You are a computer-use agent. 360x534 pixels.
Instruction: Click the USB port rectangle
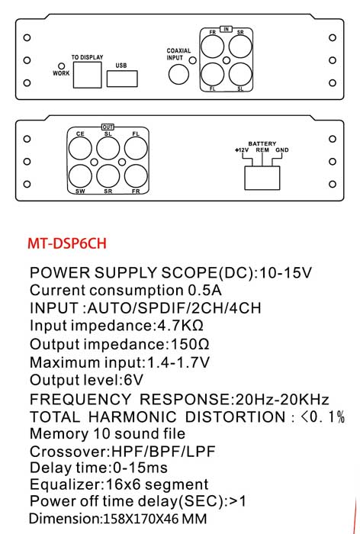122,79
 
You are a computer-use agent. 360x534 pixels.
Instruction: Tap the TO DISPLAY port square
87,75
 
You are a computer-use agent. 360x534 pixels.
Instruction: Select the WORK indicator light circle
62,66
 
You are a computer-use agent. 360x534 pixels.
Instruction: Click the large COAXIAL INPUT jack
178,74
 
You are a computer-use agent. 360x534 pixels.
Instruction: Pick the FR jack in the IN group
213,47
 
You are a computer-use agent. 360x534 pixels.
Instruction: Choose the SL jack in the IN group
240,74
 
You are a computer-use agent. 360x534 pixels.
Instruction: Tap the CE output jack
80,149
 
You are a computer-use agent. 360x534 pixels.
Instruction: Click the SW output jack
80,176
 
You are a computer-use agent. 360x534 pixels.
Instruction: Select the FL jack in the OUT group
136,149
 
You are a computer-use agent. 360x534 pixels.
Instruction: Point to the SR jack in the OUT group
108,176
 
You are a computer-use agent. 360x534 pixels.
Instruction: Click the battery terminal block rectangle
262,178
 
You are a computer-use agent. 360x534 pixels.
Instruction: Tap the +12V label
242,150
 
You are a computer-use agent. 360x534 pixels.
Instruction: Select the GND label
282,150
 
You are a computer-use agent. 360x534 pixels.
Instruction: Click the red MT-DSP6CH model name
67,243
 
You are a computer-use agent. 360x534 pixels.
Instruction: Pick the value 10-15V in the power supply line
285,273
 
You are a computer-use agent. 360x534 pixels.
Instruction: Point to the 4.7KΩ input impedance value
180,326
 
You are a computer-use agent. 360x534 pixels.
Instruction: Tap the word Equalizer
66,484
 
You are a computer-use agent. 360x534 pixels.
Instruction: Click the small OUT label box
108,127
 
